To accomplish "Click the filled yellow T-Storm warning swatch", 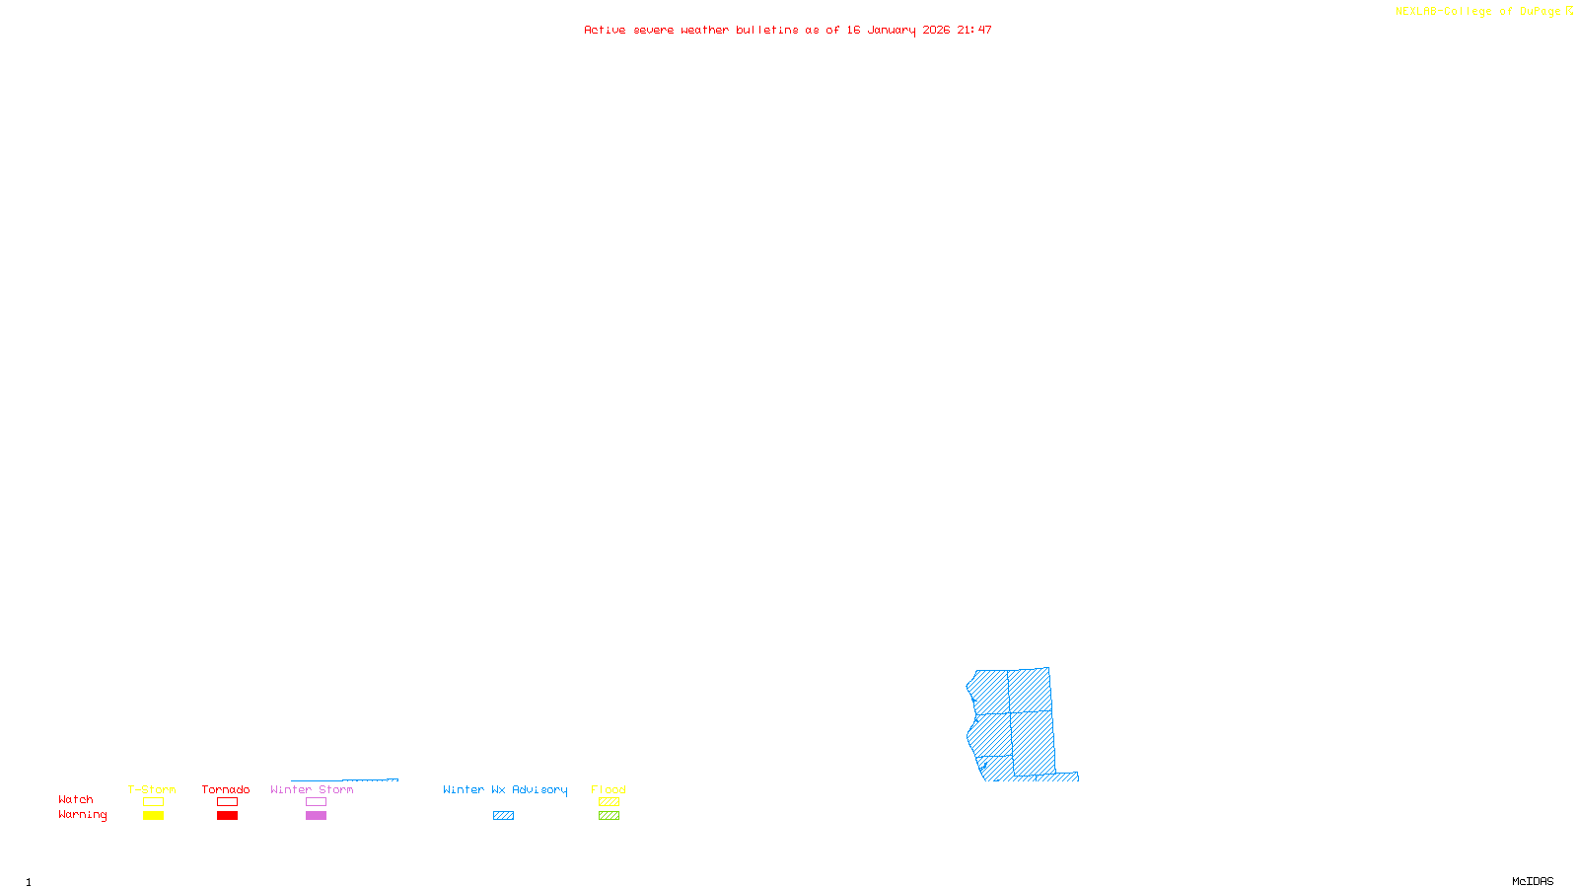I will (x=153, y=816).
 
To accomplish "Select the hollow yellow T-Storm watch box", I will (x=153, y=802).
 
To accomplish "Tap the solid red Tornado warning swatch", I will (x=227, y=816).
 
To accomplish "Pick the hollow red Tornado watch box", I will (x=227, y=802).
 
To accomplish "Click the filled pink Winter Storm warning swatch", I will (x=316, y=816).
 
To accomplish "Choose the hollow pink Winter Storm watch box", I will (x=316, y=802).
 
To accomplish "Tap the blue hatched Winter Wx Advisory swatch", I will (x=503, y=816).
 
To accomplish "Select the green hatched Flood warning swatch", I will (x=609, y=816).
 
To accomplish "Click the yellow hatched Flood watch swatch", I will (x=609, y=802).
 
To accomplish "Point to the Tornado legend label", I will (x=226, y=789).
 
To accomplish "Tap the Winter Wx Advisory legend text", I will (x=505, y=789).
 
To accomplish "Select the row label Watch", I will (x=76, y=800).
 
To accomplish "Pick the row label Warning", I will (x=82, y=815).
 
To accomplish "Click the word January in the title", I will (x=891, y=30).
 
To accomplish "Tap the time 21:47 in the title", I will (x=973, y=30).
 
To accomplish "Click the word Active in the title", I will (x=605, y=30).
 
